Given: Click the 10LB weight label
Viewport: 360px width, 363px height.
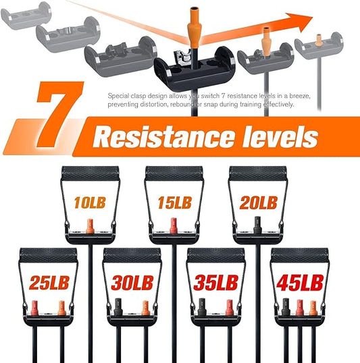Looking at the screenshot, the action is tap(90, 202).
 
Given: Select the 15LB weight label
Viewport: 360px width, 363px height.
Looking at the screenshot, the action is tap(175, 202).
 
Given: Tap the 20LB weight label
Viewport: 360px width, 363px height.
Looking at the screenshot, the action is tap(259, 202).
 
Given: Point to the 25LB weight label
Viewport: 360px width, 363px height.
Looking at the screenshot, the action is tap(49, 283).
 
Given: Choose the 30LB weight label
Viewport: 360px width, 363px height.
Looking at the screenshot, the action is tap(132, 283).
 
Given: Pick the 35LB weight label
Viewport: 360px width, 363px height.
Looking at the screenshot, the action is tap(216, 283).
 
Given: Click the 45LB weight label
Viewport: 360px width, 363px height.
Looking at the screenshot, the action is tap(300, 283).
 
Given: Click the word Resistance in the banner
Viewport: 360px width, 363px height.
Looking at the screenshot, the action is tap(163, 136).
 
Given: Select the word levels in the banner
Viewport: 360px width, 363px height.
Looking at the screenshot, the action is tap(280, 136).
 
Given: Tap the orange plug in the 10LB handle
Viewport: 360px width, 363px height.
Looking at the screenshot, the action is tap(89, 226).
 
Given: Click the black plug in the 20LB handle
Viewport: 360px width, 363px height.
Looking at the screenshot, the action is tap(257, 225).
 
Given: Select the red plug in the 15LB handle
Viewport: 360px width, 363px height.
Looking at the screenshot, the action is tap(174, 225).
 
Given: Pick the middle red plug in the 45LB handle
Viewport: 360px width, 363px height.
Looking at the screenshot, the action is tap(299, 308).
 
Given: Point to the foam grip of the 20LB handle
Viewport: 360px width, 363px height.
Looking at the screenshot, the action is tap(258, 173).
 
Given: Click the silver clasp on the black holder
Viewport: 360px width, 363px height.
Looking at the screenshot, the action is tap(182, 58).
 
